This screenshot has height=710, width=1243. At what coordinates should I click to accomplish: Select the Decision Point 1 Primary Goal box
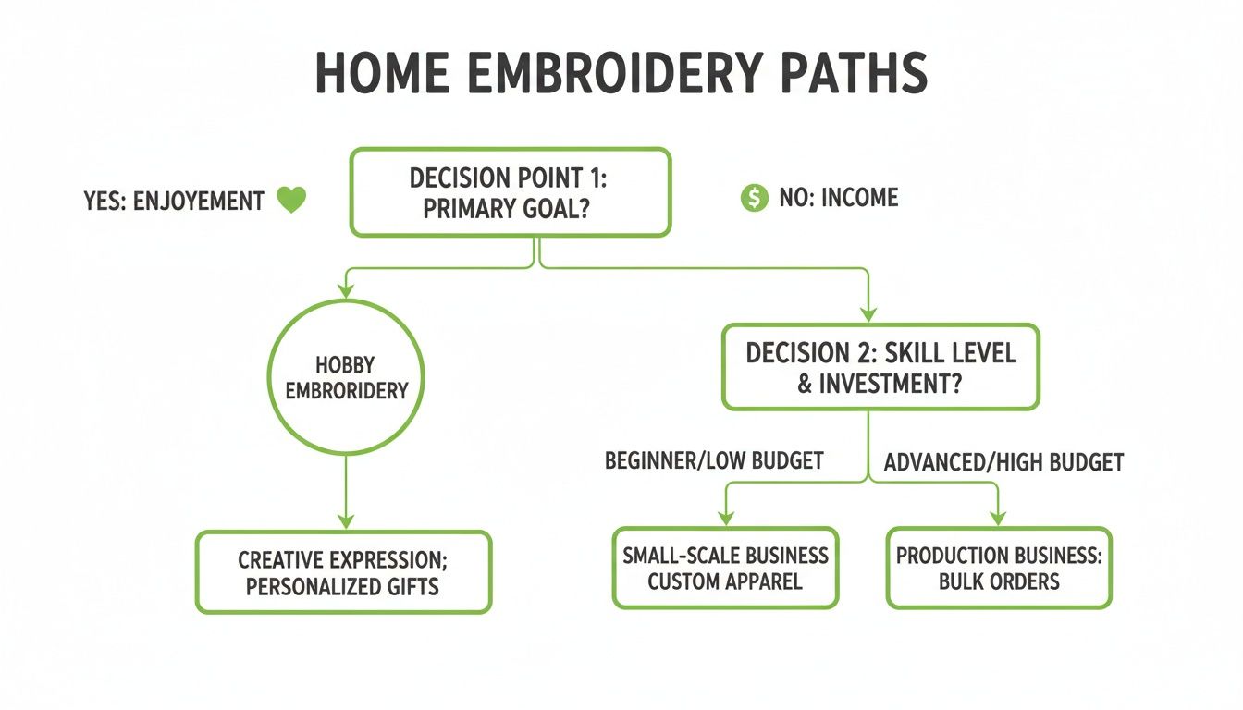[510, 192]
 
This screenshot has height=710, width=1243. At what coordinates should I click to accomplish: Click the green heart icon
[291, 200]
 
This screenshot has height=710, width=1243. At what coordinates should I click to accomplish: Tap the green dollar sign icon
[755, 197]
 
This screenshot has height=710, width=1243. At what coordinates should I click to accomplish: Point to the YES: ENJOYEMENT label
[174, 201]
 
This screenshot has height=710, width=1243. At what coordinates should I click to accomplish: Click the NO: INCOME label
[838, 197]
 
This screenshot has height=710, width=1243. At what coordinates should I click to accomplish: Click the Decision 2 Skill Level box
[880, 367]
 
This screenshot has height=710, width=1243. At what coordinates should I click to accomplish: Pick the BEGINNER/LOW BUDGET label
[713, 460]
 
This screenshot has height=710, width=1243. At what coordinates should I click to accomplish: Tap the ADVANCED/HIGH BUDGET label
[1003, 461]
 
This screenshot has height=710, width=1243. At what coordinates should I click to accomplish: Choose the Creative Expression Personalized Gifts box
[343, 572]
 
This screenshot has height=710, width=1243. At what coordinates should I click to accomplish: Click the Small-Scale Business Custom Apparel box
[725, 568]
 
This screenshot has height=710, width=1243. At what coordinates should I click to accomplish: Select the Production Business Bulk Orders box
[998, 568]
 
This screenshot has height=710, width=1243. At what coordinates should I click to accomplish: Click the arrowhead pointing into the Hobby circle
[346, 289]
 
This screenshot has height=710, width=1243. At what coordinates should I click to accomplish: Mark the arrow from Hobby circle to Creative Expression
[346, 490]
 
